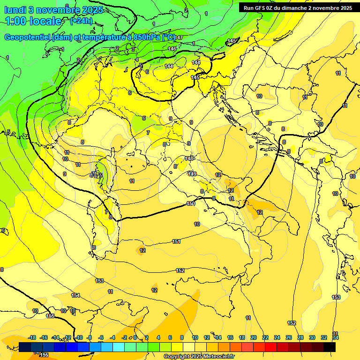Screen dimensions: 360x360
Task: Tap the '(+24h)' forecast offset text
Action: pos(81,21)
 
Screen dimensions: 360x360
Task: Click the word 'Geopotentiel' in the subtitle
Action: pos(28,37)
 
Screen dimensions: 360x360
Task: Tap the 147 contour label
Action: pos(179,37)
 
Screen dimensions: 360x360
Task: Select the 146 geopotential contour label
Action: pos(172,49)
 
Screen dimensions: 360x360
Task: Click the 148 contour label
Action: pos(189,159)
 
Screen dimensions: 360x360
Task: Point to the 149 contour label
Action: pos(192,174)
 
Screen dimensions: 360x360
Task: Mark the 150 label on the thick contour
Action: pos(191,203)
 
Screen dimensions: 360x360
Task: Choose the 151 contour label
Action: pos(176,241)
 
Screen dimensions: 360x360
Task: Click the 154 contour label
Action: pos(75,295)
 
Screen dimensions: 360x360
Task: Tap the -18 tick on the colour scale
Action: pos(32,337)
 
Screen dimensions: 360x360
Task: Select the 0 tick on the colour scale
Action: pos(135,337)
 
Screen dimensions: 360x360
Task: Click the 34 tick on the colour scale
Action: pos(336,337)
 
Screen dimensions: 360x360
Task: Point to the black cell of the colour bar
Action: pos(330,347)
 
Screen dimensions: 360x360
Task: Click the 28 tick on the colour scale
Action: pos(300,337)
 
